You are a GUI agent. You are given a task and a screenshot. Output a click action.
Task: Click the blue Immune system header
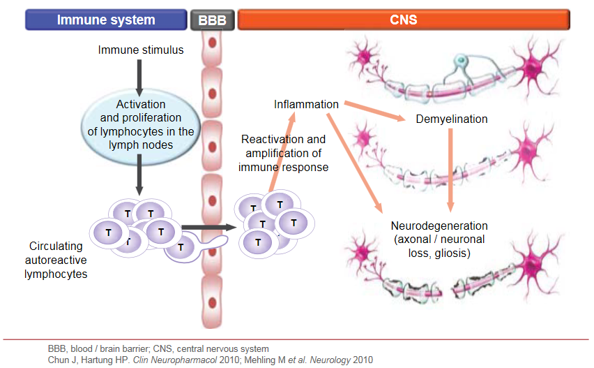[106, 20]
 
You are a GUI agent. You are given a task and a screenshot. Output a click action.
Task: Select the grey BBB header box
[212, 20]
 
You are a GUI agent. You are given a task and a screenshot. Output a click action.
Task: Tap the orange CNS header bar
[403, 20]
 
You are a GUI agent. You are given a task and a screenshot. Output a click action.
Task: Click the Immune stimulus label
[140, 50]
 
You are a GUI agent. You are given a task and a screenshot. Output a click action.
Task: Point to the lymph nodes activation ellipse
[141, 125]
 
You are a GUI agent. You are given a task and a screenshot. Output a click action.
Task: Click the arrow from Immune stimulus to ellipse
[140, 77]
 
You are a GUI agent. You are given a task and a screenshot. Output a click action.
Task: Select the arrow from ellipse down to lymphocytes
[140, 175]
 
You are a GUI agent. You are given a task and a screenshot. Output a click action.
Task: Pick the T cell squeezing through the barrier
[183, 246]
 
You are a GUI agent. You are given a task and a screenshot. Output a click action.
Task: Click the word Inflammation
[306, 105]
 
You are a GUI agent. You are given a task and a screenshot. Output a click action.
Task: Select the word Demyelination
[451, 119]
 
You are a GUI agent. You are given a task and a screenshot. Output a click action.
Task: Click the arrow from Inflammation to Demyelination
[373, 112]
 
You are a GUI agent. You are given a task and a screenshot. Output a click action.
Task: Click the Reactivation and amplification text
[282, 154]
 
